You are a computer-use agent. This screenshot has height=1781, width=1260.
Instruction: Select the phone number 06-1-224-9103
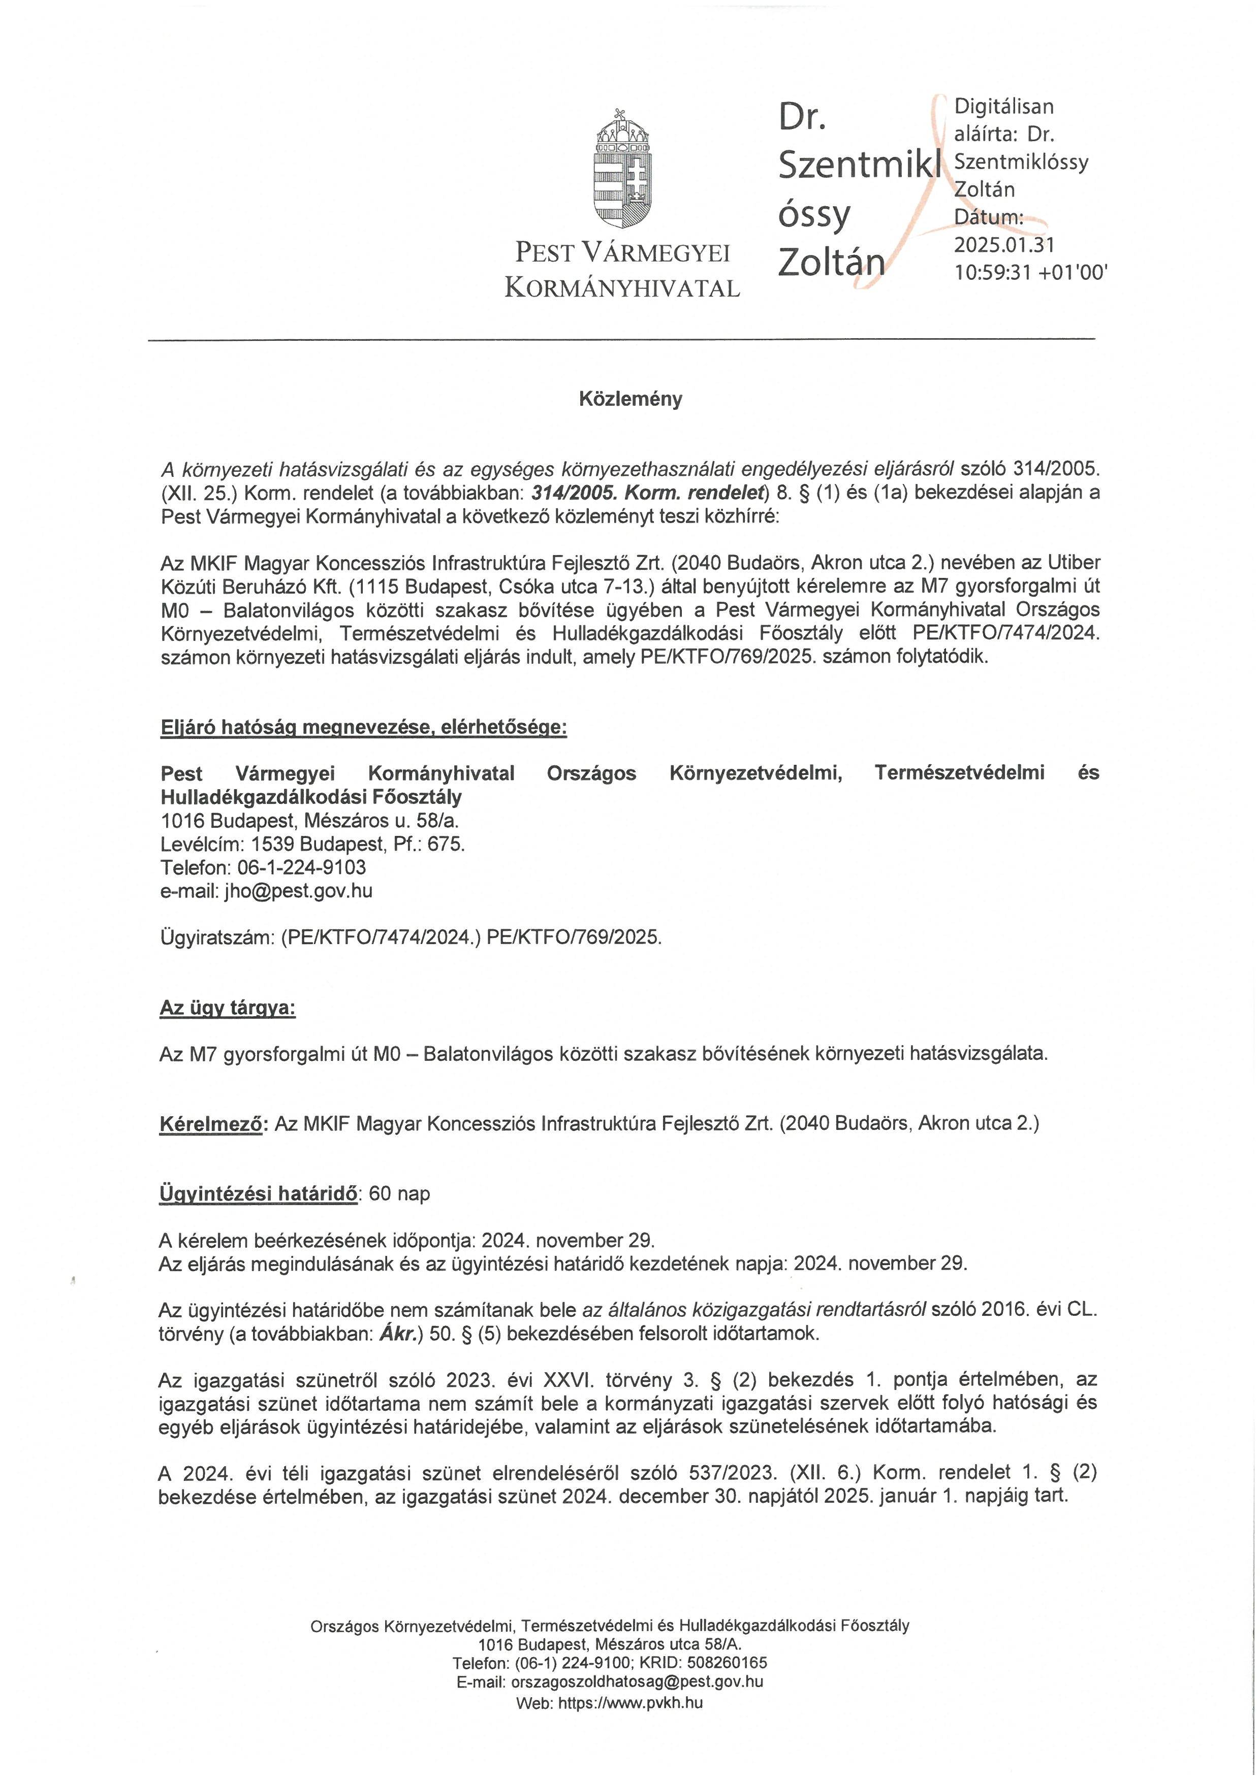click(302, 867)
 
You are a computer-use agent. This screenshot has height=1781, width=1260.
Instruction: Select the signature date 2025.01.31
click(1004, 245)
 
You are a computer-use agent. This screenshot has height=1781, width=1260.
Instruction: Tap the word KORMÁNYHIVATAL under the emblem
click(622, 288)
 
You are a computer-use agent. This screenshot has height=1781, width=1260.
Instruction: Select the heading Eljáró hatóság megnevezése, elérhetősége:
click(363, 728)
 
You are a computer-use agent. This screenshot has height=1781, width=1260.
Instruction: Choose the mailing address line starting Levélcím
click(312, 844)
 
